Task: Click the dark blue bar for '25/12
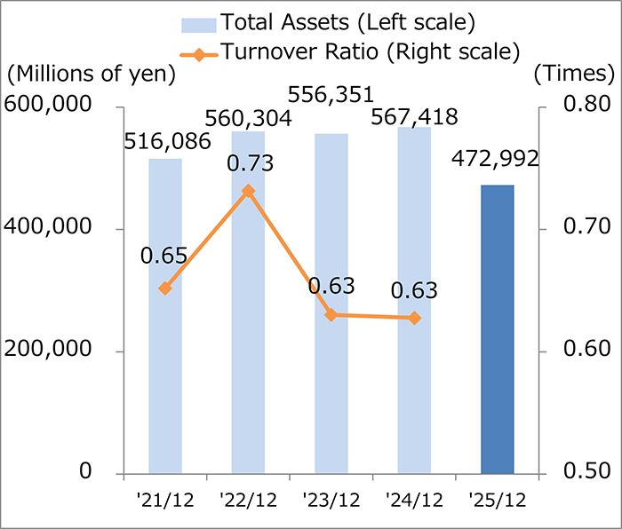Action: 497,329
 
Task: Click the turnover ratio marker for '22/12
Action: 248,191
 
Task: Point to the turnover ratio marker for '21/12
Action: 165,288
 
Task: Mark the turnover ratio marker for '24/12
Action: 414,318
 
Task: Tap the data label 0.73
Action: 250,163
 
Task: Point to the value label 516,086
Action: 166,141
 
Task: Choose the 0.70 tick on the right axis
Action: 580,228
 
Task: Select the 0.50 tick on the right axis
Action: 580,471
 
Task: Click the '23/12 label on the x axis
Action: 331,501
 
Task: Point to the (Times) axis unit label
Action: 574,75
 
